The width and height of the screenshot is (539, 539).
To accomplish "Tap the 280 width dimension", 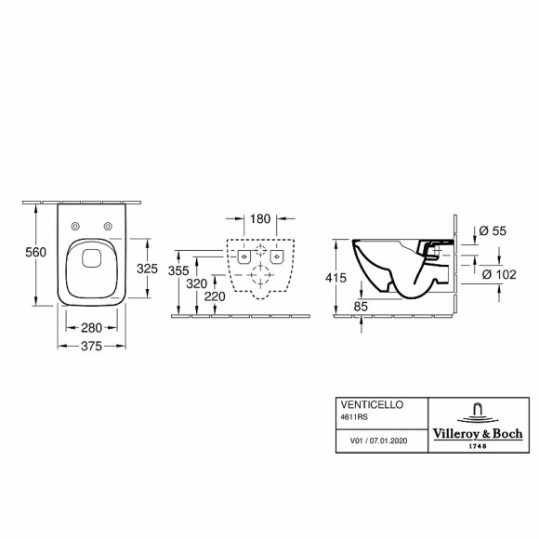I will point(91,327).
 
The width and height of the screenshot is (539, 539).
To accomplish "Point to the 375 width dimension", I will point(91,346).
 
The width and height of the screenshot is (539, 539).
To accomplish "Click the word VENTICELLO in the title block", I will point(364,406).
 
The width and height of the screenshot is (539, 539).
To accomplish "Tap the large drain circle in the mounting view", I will point(258,272).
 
